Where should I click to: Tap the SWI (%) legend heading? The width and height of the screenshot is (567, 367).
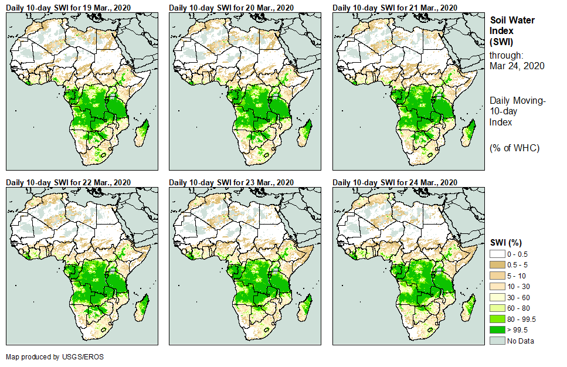[x=506, y=242]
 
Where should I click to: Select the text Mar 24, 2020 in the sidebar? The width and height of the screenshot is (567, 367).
[x=517, y=66]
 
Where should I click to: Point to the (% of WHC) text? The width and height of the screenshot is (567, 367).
[x=514, y=148]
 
